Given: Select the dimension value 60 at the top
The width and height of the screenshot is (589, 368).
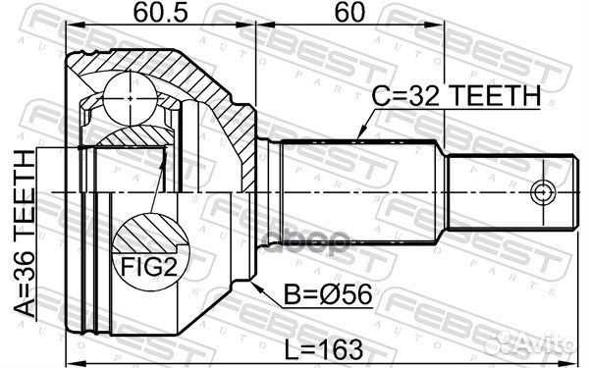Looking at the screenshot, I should tap(346, 15).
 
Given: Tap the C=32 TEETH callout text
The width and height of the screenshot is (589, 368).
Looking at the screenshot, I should tap(455, 96).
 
